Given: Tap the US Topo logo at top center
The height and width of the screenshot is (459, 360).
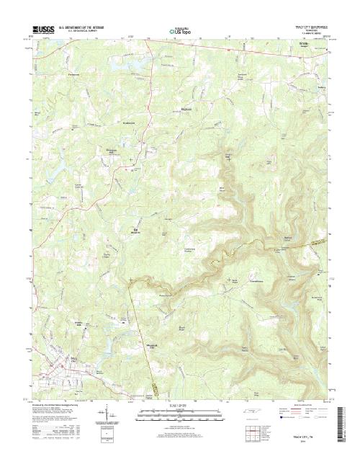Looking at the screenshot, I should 179,31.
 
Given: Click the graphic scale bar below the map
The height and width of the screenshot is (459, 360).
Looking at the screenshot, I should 180,411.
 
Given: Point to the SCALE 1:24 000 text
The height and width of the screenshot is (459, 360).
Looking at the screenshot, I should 180,406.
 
